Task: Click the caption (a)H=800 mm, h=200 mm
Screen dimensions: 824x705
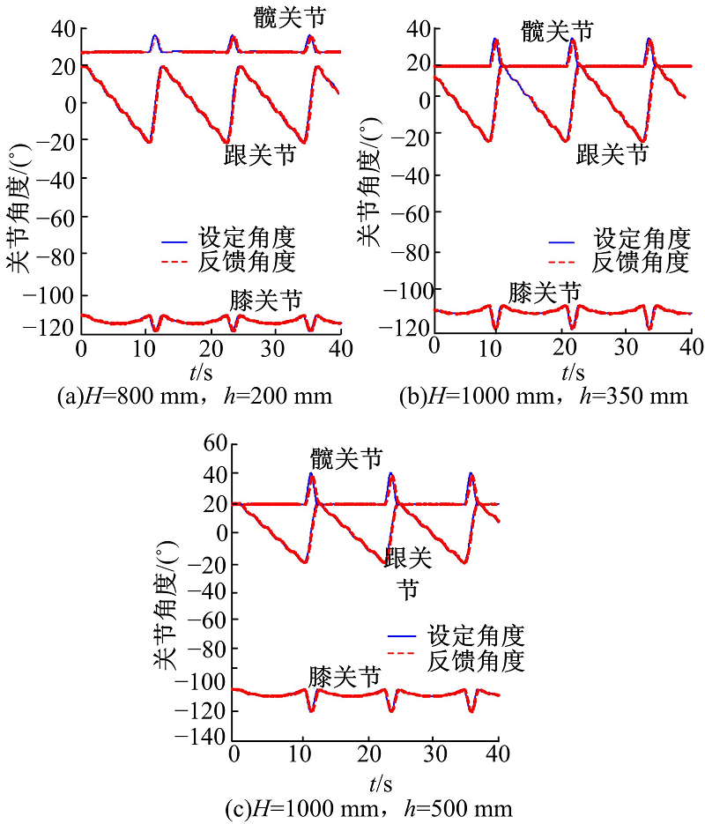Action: (x=194, y=396)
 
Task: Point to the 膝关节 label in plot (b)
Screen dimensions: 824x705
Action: (x=545, y=292)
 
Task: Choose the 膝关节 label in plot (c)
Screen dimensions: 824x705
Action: (x=345, y=677)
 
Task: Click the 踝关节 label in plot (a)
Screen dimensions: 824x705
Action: (x=259, y=156)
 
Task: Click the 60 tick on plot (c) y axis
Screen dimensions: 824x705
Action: (x=215, y=445)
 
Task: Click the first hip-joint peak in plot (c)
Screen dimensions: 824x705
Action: (x=311, y=474)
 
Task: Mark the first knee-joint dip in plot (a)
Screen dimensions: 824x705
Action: (x=156, y=330)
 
